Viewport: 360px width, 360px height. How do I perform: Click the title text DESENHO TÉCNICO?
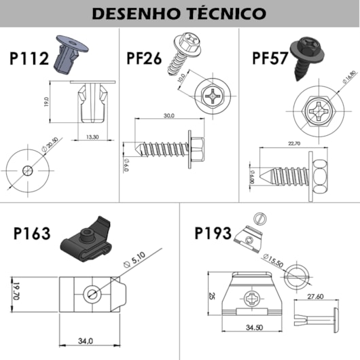[x=179, y=13]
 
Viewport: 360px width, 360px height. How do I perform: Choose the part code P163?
[x=32, y=234]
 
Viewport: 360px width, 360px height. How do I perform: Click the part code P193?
[x=213, y=234]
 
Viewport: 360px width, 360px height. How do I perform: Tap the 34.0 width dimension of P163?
[x=85, y=340]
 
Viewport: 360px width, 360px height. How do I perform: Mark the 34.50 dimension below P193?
[x=254, y=327]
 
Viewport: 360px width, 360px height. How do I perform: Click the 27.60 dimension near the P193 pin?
[x=314, y=296]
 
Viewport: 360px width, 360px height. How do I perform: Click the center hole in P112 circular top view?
[x=27, y=169]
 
